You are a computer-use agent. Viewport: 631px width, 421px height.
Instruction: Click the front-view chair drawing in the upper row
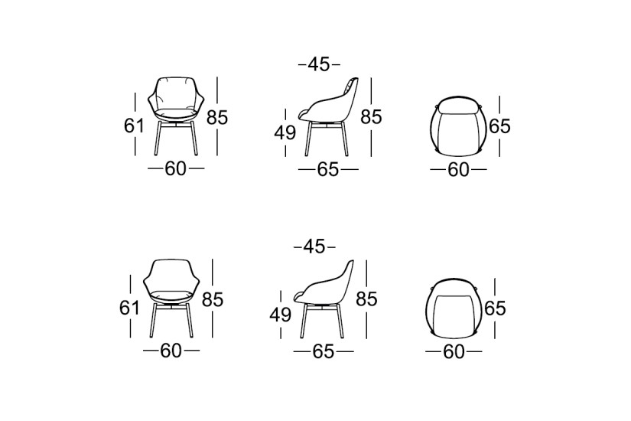(176, 115)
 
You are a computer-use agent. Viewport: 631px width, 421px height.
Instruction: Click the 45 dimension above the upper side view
(318, 65)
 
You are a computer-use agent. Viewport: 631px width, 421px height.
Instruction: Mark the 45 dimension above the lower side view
(314, 246)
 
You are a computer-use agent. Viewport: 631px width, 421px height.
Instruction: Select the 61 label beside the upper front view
(134, 125)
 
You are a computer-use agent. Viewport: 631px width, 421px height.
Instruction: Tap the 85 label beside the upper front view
(218, 118)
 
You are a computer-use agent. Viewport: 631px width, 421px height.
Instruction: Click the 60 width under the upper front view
(176, 169)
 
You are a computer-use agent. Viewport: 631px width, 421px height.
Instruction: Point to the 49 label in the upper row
(285, 133)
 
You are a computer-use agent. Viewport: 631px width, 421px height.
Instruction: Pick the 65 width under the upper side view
(327, 170)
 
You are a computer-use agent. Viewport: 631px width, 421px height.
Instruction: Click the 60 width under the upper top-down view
(457, 170)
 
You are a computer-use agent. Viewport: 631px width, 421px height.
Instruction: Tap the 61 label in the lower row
(129, 307)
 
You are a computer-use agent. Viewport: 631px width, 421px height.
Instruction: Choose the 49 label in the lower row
(280, 315)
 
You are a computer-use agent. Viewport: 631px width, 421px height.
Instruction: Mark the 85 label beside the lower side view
(366, 299)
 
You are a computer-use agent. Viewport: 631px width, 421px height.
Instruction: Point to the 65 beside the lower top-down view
(495, 308)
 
